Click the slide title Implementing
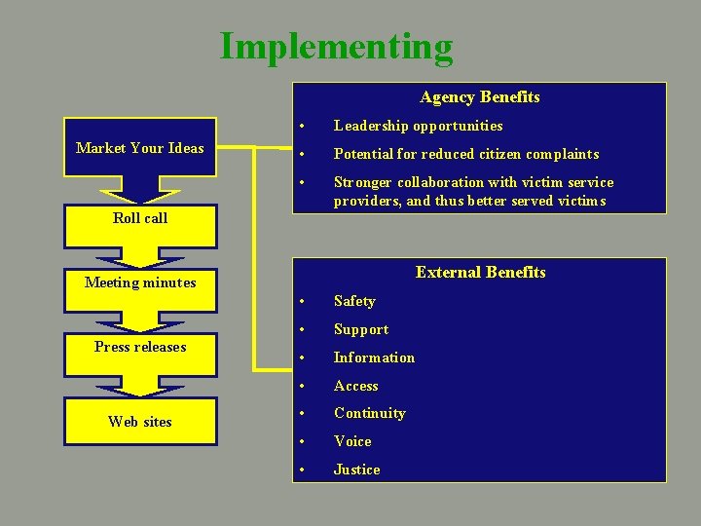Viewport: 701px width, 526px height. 336,46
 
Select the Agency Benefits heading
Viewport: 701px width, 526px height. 479,96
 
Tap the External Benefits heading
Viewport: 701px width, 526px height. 480,272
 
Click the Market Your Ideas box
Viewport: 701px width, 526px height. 140,148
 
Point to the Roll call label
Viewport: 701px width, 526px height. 140,218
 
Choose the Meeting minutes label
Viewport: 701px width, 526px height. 140,282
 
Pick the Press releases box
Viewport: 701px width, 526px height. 140,347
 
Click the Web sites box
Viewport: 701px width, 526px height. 140,422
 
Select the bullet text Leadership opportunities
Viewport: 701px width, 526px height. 418,126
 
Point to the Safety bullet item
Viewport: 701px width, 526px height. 354,301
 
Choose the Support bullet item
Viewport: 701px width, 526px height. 361,329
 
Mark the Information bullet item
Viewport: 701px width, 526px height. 374,357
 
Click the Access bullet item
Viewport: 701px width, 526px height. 355,386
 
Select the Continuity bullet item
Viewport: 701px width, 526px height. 369,413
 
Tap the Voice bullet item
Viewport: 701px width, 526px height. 352,441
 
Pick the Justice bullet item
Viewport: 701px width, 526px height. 356,470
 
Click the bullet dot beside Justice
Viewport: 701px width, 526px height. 304,470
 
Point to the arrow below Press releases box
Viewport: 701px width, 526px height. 140,387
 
